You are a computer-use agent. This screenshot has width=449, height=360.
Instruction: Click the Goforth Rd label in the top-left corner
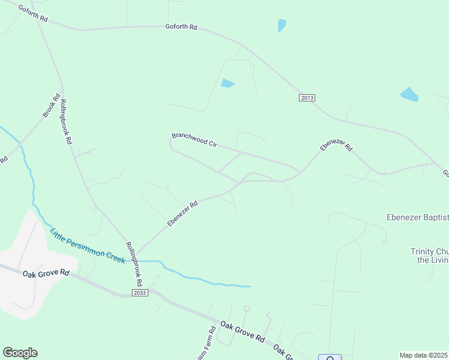click(32, 13)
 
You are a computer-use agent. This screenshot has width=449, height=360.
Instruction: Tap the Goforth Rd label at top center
click(181, 27)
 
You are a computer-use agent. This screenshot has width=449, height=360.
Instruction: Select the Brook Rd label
click(52, 106)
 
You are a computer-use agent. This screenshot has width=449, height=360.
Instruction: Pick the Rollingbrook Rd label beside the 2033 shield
click(134, 263)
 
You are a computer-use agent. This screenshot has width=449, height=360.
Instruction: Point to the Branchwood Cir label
click(194, 139)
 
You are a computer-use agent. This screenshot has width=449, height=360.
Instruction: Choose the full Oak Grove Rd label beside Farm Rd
click(242, 331)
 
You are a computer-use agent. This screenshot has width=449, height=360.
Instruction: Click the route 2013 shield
click(307, 98)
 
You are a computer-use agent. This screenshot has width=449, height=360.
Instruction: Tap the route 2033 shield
click(140, 292)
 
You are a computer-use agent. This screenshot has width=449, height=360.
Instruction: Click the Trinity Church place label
click(429, 256)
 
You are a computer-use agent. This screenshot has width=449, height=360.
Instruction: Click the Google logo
click(20, 353)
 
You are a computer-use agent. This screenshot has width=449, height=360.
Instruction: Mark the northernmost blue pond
click(282, 25)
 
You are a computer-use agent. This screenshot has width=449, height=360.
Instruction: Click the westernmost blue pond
click(228, 83)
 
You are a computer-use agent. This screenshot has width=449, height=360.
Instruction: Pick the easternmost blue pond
click(409, 94)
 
